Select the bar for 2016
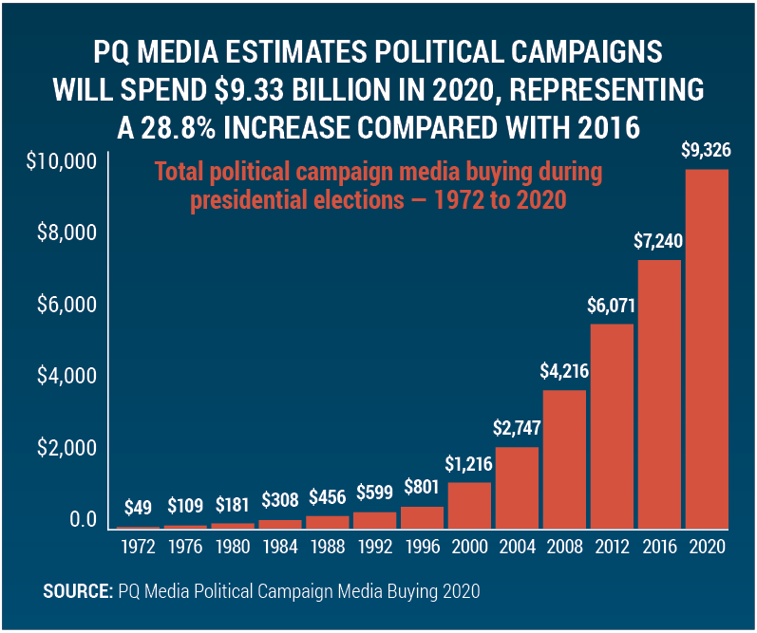pos(659,394)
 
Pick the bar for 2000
pos(469,505)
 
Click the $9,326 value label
pos(708,150)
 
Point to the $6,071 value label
pos(613,306)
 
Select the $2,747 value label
pos(518,429)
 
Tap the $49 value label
pos(138,507)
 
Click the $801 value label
pos(423,490)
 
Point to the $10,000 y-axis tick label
pos(62,161)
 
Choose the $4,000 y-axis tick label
pos(66,376)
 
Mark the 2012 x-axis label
pos(613,548)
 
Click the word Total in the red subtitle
pos(181,174)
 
